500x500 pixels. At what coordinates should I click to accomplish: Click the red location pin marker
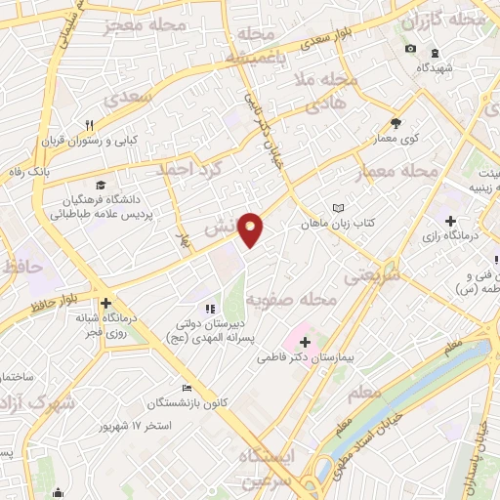click(x=251, y=229)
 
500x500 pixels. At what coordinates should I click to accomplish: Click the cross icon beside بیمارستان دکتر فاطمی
click(x=306, y=342)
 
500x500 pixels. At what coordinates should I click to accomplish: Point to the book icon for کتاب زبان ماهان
click(x=338, y=208)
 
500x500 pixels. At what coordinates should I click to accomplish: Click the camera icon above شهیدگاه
click(x=410, y=49)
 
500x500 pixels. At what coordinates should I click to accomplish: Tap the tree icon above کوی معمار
click(x=396, y=123)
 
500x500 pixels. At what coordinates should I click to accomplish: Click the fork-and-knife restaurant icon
click(x=90, y=124)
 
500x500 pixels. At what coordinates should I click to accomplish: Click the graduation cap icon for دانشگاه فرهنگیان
click(x=101, y=184)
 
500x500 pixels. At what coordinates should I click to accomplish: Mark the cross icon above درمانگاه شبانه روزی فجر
click(x=105, y=303)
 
